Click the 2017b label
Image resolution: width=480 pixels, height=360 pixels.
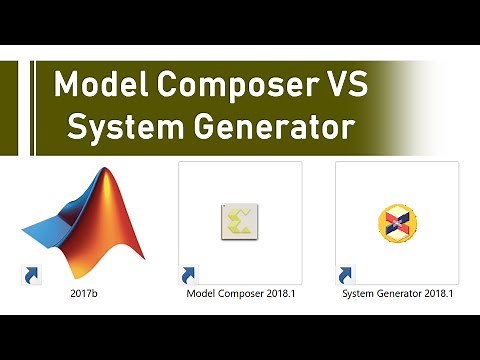click(82, 294)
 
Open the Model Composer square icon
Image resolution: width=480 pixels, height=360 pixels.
click(240, 220)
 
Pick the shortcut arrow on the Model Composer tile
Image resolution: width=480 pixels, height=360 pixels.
click(187, 274)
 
